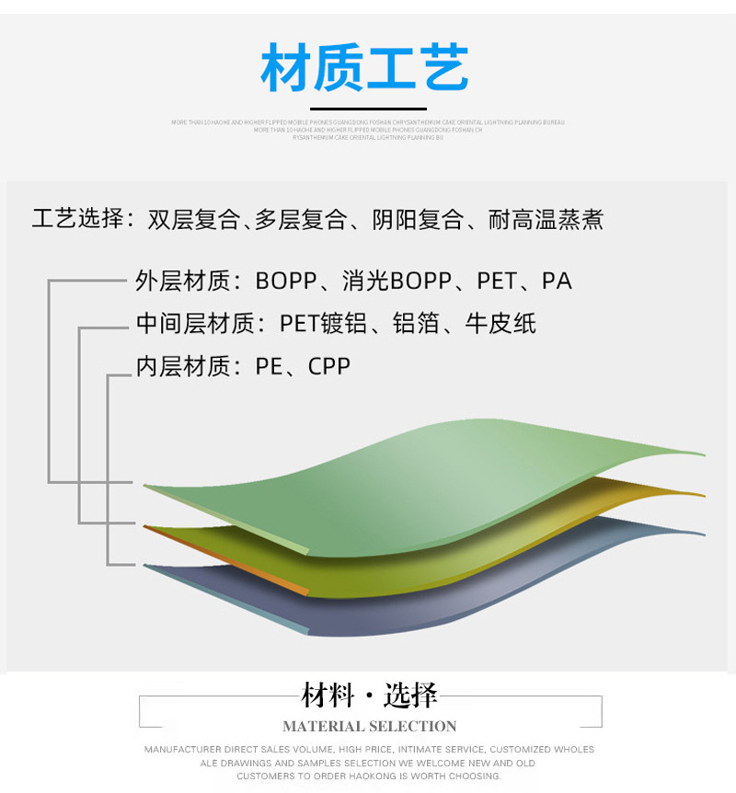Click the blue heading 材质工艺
(365, 69)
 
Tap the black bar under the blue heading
(367, 109)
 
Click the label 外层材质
(183, 281)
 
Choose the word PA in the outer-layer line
(557, 281)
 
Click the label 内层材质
(183, 366)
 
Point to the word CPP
(329, 366)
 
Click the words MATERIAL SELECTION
(369, 726)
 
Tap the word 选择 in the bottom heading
(410, 695)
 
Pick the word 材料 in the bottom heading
(328, 695)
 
